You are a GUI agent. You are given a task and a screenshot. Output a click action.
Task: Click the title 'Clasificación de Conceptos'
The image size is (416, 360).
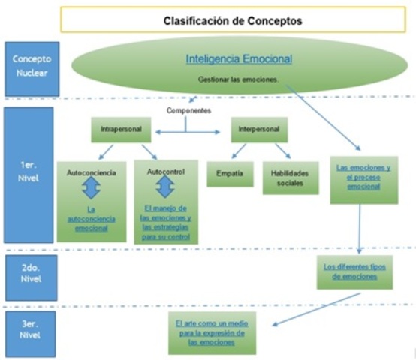(x=233, y=21)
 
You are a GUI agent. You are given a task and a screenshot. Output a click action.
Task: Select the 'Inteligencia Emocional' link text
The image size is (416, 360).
(x=238, y=58)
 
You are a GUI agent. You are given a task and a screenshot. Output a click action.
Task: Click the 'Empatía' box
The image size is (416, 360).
(x=230, y=172)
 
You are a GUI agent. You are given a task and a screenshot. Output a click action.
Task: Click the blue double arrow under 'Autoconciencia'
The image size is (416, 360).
(x=91, y=189)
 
